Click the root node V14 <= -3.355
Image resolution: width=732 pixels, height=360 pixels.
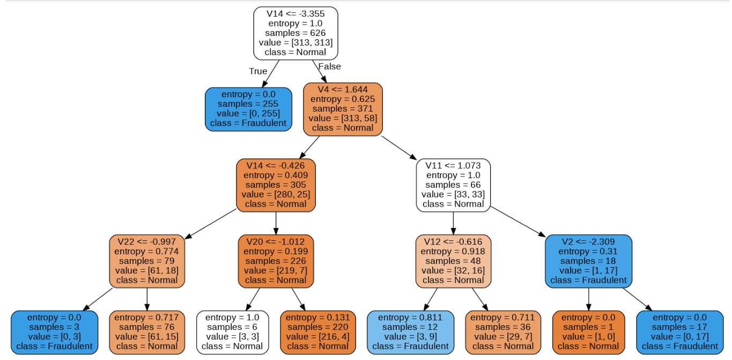[x=295, y=33]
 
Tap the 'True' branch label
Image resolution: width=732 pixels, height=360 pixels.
[x=258, y=71]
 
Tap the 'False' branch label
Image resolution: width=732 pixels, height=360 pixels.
[x=329, y=67]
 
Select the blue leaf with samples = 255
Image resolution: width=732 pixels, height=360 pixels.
[x=248, y=109]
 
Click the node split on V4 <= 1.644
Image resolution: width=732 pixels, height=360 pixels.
[x=343, y=109]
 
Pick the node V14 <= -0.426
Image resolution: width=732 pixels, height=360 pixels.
[x=276, y=185]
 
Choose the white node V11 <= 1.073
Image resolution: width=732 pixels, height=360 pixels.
[x=453, y=185]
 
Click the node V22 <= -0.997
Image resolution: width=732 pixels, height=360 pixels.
[x=146, y=261]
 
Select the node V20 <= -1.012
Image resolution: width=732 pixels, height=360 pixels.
[x=276, y=261]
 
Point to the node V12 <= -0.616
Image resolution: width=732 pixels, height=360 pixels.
[x=453, y=261]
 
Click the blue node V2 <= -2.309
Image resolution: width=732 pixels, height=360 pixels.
[x=588, y=261]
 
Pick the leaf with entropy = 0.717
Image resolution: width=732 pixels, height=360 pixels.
[x=146, y=332]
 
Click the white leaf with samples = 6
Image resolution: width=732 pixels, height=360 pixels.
[x=232, y=332]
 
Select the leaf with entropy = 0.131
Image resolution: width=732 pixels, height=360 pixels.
[x=318, y=332]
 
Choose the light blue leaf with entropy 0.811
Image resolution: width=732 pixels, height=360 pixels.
[x=410, y=332]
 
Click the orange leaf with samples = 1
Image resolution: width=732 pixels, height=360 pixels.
[x=588, y=332]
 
